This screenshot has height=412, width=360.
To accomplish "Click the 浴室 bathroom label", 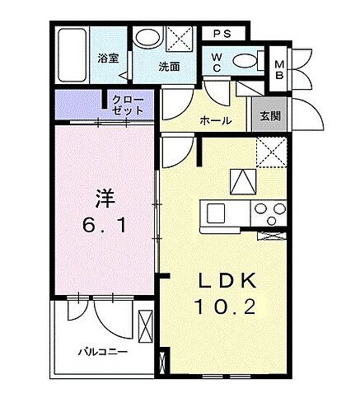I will (x=107, y=59).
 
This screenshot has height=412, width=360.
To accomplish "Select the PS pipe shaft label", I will (x=221, y=34).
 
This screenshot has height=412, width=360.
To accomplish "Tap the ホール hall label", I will (x=215, y=121).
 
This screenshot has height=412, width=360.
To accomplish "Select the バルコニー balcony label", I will (x=102, y=351).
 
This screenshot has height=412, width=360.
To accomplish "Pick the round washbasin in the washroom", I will (x=148, y=40).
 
